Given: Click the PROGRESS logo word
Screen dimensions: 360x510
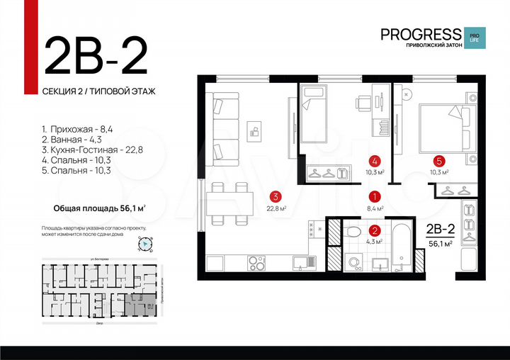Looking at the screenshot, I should [421, 33].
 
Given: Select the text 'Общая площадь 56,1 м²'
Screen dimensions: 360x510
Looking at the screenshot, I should [100, 208].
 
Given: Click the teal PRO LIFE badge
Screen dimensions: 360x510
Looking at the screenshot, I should [472, 36].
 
